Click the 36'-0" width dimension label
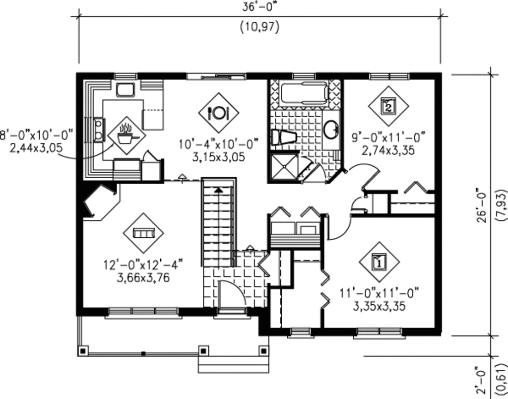click(260, 6)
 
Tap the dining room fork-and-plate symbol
click(219, 113)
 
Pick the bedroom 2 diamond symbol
click(388, 106)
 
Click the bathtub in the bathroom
click(304, 93)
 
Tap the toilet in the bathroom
click(283, 137)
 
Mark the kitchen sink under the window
click(125, 90)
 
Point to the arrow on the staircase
click(218, 190)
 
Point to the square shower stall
click(284, 167)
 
